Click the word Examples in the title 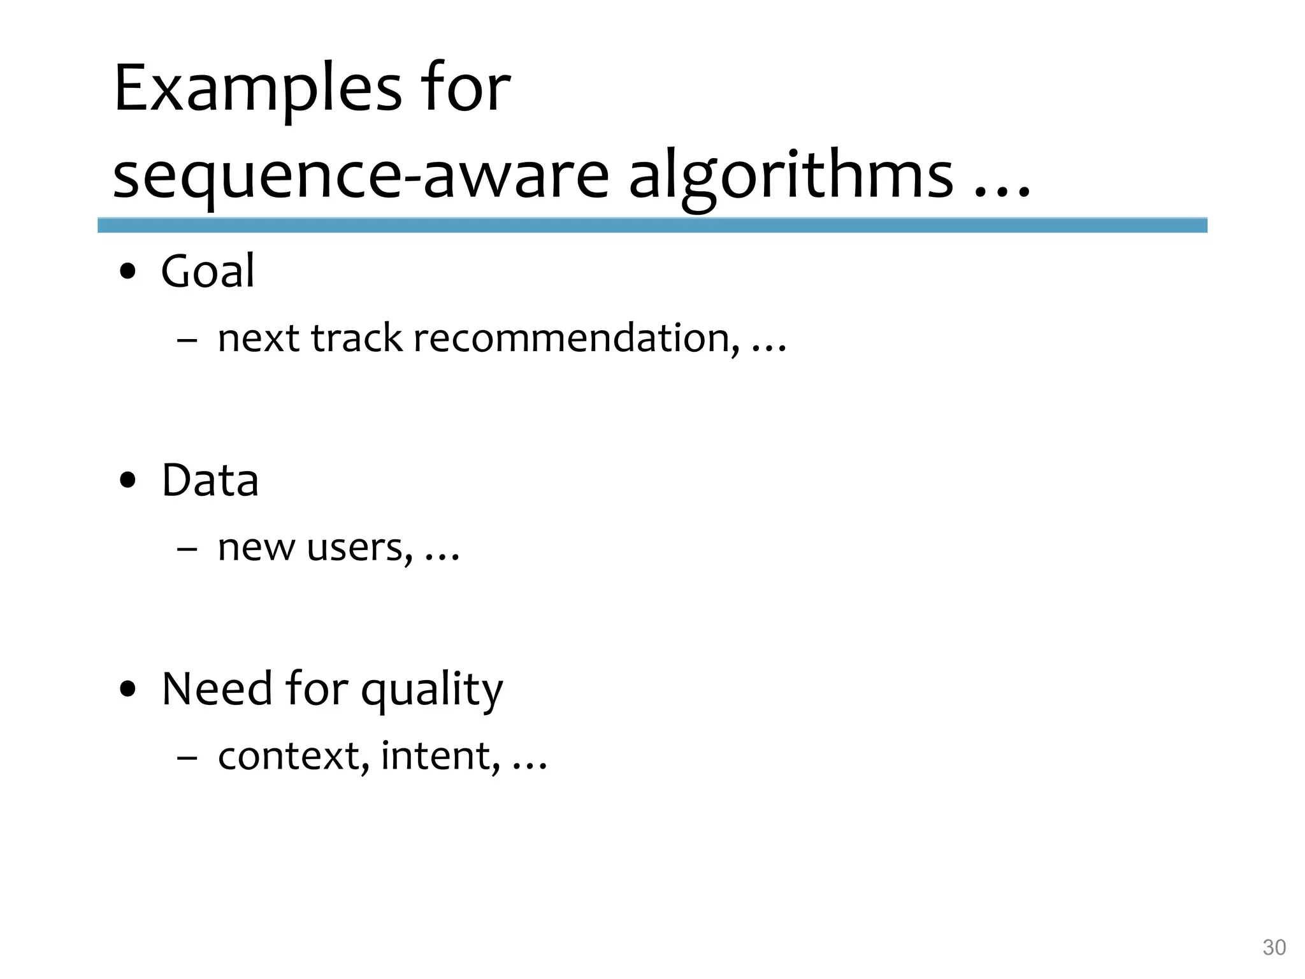click(258, 89)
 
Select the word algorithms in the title click(791, 176)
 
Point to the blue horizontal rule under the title click(652, 225)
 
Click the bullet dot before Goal click(128, 272)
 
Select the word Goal click(208, 272)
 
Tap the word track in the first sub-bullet click(357, 338)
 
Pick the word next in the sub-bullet click(259, 338)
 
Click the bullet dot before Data click(128, 481)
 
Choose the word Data click(210, 480)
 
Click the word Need click(217, 689)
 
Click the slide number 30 click(1274, 948)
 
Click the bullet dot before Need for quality click(128, 690)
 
